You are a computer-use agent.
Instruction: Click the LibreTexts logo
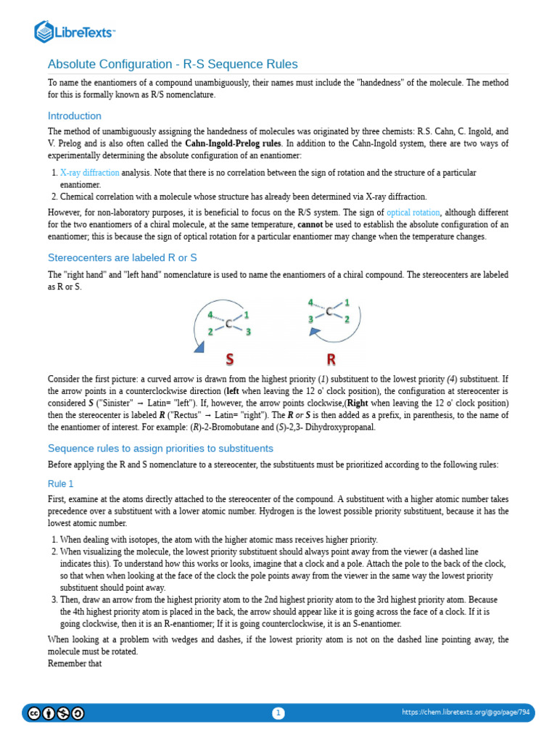tap(75, 31)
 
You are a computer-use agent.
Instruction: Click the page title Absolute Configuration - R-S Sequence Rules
tap(173, 64)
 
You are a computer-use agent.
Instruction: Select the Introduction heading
tap(74, 116)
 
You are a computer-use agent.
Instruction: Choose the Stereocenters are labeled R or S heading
tap(122, 258)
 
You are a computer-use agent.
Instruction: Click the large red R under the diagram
tap(330, 358)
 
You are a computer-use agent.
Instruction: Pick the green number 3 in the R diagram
tap(310, 319)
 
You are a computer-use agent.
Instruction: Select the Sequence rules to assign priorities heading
tap(160, 448)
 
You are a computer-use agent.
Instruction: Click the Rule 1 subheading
tap(61, 483)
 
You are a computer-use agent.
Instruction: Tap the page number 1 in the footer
tap(278, 713)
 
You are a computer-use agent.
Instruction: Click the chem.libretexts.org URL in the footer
tap(466, 713)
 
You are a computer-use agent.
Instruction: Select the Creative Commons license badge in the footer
tap(55, 713)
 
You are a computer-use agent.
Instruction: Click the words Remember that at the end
tap(70, 662)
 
